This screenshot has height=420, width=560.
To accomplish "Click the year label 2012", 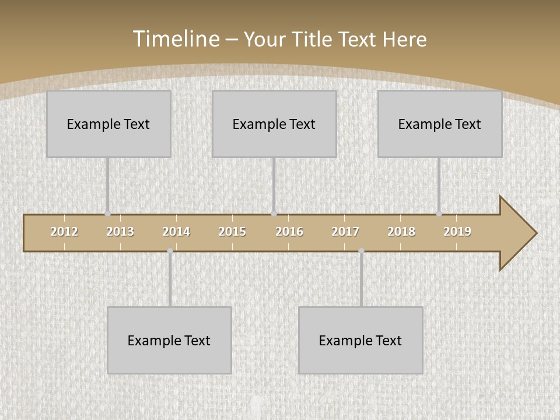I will coord(64,232).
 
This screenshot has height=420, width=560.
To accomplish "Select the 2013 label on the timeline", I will coord(120,232).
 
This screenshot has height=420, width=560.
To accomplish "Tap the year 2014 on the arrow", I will coord(176,232).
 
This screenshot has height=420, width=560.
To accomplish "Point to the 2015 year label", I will coord(232,232).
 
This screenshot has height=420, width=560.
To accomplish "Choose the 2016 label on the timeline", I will coord(289,232).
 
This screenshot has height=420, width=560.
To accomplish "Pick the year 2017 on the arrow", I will coord(345,232).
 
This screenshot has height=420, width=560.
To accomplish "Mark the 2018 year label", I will coord(401,232).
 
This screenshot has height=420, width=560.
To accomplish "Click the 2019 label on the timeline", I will coord(457,232).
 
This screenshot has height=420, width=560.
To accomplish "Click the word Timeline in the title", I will coord(176,39).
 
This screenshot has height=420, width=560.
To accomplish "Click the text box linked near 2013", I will coord(108,124).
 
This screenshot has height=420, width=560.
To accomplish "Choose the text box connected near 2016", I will coord(274,124).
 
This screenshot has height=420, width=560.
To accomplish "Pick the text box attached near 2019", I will coord(440,124).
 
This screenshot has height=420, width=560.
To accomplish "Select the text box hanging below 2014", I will coord(169,340).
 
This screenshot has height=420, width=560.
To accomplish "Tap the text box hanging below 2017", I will coord(360,340).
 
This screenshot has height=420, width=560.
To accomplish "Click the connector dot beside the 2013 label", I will coord(107,214).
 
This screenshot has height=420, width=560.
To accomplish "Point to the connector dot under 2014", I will coord(170,251).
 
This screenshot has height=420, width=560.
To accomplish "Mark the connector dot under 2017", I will coord(361,251).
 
